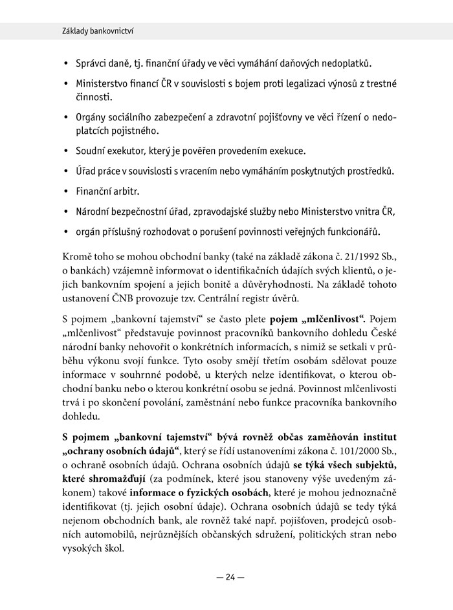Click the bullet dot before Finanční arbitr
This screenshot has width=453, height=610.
[x=66, y=193]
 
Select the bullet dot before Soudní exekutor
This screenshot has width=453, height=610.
[x=66, y=151]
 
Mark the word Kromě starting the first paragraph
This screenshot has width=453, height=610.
[x=78, y=257]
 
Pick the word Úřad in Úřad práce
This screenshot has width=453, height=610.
[x=87, y=171]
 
